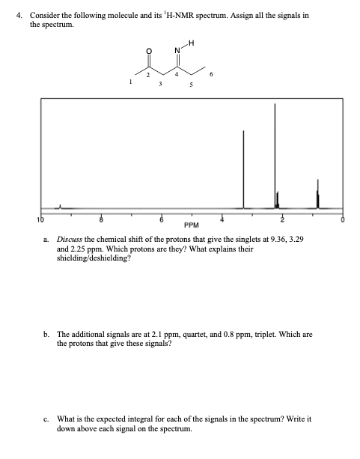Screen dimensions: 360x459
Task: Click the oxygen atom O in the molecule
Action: click(147, 52)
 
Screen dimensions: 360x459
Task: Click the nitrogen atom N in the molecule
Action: click(177, 51)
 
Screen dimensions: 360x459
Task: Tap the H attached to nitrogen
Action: click(191, 43)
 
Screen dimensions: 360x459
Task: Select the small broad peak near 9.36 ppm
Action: click(61, 205)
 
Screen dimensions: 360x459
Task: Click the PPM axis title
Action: click(191, 225)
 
